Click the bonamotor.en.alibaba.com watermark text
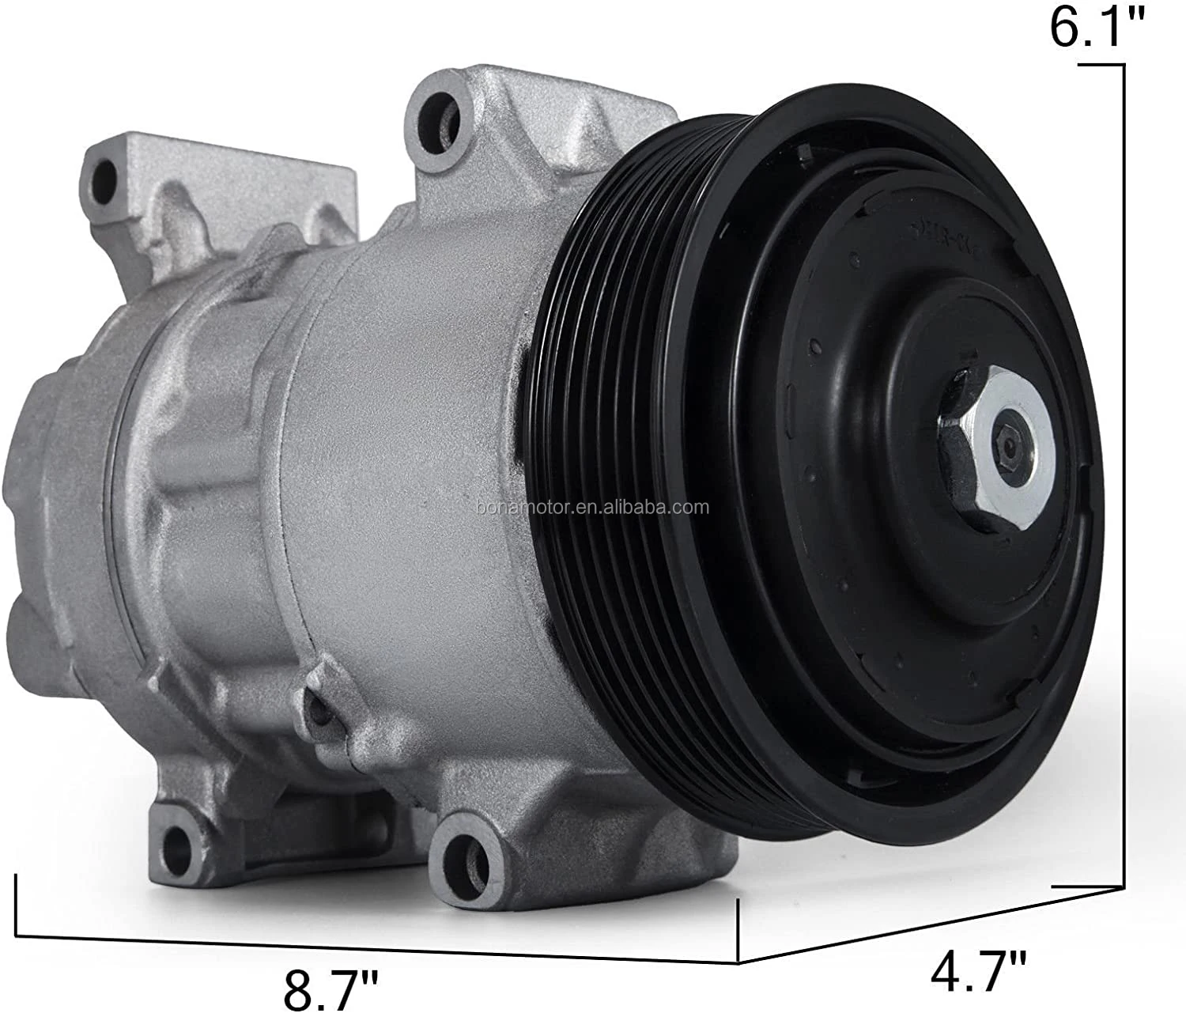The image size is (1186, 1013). tap(593, 508)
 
